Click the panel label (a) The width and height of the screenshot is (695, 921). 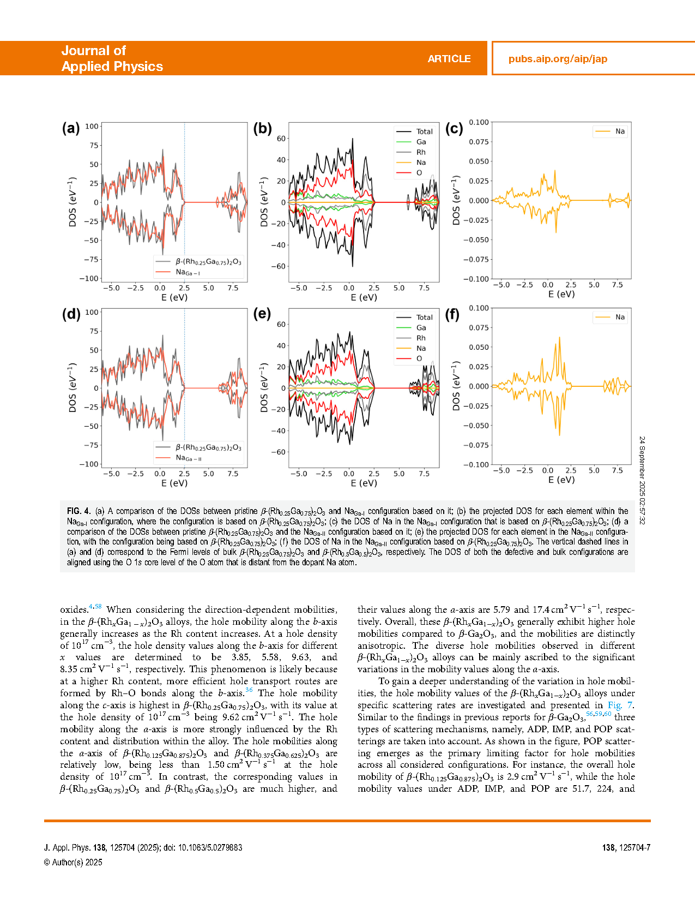coord(71,128)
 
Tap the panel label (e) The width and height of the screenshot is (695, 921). coord(262,314)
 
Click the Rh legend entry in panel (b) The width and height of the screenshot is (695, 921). coord(420,152)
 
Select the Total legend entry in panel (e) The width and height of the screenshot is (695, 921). coord(424,317)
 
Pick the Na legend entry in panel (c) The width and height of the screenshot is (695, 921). coord(620,131)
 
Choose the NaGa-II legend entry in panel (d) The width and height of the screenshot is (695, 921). coord(188,458)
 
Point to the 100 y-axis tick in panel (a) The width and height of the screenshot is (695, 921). coord(92,126)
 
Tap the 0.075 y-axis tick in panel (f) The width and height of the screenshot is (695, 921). coord(479,327)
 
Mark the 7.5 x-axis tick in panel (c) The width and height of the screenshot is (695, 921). coord(617,285)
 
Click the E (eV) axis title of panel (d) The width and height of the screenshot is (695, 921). coord(174,483)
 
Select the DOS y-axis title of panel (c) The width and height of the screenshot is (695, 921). coord(456,200)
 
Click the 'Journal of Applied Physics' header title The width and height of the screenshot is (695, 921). coord(112,58)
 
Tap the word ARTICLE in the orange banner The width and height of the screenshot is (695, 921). coord(449,59)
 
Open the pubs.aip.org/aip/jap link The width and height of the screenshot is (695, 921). coord(558,59)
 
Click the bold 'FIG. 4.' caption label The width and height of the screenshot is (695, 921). coord(78,511)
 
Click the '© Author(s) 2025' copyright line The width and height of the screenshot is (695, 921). coord(73,862)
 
